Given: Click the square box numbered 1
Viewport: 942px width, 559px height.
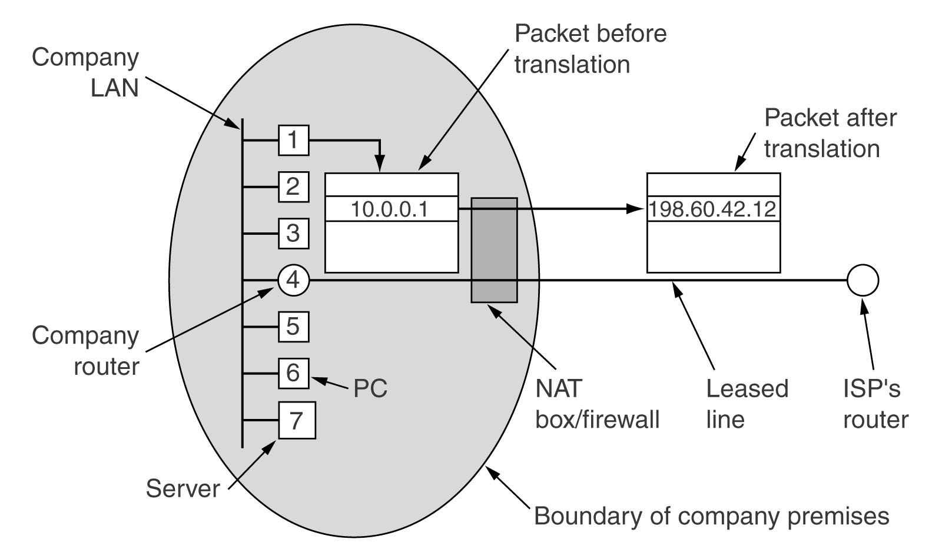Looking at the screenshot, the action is (294, 141).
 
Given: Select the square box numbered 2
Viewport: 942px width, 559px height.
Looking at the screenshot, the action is (294, 187).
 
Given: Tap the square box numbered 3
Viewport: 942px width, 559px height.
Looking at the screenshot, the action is (294, 233).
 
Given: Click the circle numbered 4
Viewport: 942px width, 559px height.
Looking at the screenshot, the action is (294, 280).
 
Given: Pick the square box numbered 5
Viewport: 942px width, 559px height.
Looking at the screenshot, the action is (294, 327).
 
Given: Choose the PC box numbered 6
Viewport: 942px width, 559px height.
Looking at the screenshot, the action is (294, 373).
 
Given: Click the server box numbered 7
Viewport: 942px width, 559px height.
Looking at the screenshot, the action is (297, 420).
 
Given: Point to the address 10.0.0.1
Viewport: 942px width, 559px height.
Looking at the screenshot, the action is (389, 209).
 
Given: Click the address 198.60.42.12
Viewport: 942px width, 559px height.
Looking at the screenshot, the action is (712, 209).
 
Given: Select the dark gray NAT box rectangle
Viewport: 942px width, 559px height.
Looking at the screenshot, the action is (494, 250).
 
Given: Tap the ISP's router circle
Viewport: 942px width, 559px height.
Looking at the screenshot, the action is (863, 280).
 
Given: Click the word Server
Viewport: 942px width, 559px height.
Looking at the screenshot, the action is (183, 488).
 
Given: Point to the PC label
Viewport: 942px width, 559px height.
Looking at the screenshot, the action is (370, 388).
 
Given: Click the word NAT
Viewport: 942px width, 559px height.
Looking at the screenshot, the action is (559, 388).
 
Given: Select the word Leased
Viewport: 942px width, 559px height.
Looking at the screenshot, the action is (747, 388).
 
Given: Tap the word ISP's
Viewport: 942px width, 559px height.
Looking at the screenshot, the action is (872, 388).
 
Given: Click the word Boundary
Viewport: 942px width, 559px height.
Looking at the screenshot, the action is (588, 515).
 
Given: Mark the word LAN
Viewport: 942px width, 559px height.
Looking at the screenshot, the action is (115, 88).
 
